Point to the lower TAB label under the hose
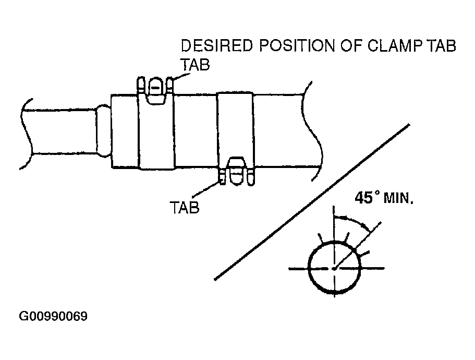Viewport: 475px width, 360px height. (x=185, y=207)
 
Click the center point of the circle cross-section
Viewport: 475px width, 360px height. (x=334, y=268)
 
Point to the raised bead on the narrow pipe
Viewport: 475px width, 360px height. (x=103, y=130)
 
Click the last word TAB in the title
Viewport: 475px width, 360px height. (x=441, y=46)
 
